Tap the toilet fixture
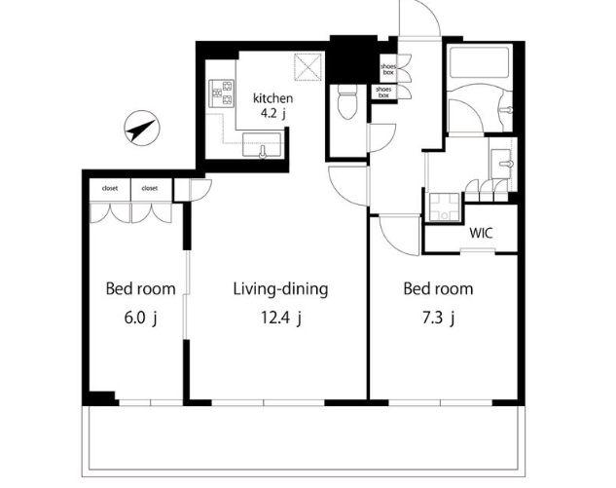click(x=346, y=102)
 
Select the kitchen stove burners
click(x=222, y=94)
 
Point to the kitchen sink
click(x=262, y=145)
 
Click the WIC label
click(x=481, y=233)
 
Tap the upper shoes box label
click(x=388, y=69)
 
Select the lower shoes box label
click(x=383, y=93)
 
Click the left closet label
click(x=110, y=188)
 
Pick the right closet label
click(x=149, y=188)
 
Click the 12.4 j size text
click(x=281, y=318)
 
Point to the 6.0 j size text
click(x=141, y=318)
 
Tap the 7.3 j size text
click(x=438, y=318)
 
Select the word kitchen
click(x=272, y=98)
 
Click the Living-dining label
click(x=280, y=289)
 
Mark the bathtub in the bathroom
click(x=479, y=62)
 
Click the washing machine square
click(x=445, y=207)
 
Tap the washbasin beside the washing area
click(x=502, y=164)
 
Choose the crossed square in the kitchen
click(x=308, y=67)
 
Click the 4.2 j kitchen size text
click(x=273, y=114)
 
